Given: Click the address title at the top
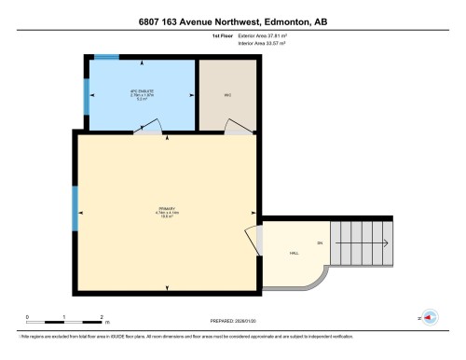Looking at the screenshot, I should pyautogui.click(x=232, y=21).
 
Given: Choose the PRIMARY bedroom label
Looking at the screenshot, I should pyautogui.click(x=168, y=211).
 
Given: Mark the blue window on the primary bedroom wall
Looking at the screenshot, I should pyautogui.click(x=75, y=209).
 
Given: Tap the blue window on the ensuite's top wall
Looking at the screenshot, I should pyautogui.click(x=106, y=58).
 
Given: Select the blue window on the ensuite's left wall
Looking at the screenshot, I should pyautogui.click(x=86, y=91).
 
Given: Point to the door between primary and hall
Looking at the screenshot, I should pyautogui.click(x=252, y=242).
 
